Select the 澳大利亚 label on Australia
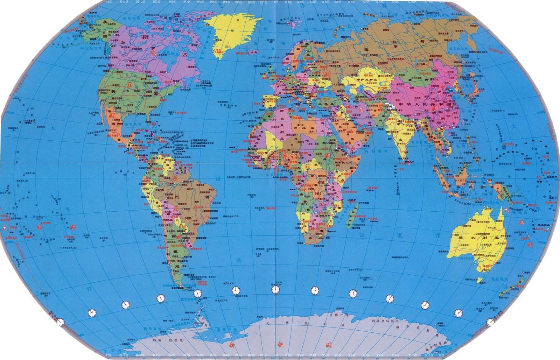pos(476,237)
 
